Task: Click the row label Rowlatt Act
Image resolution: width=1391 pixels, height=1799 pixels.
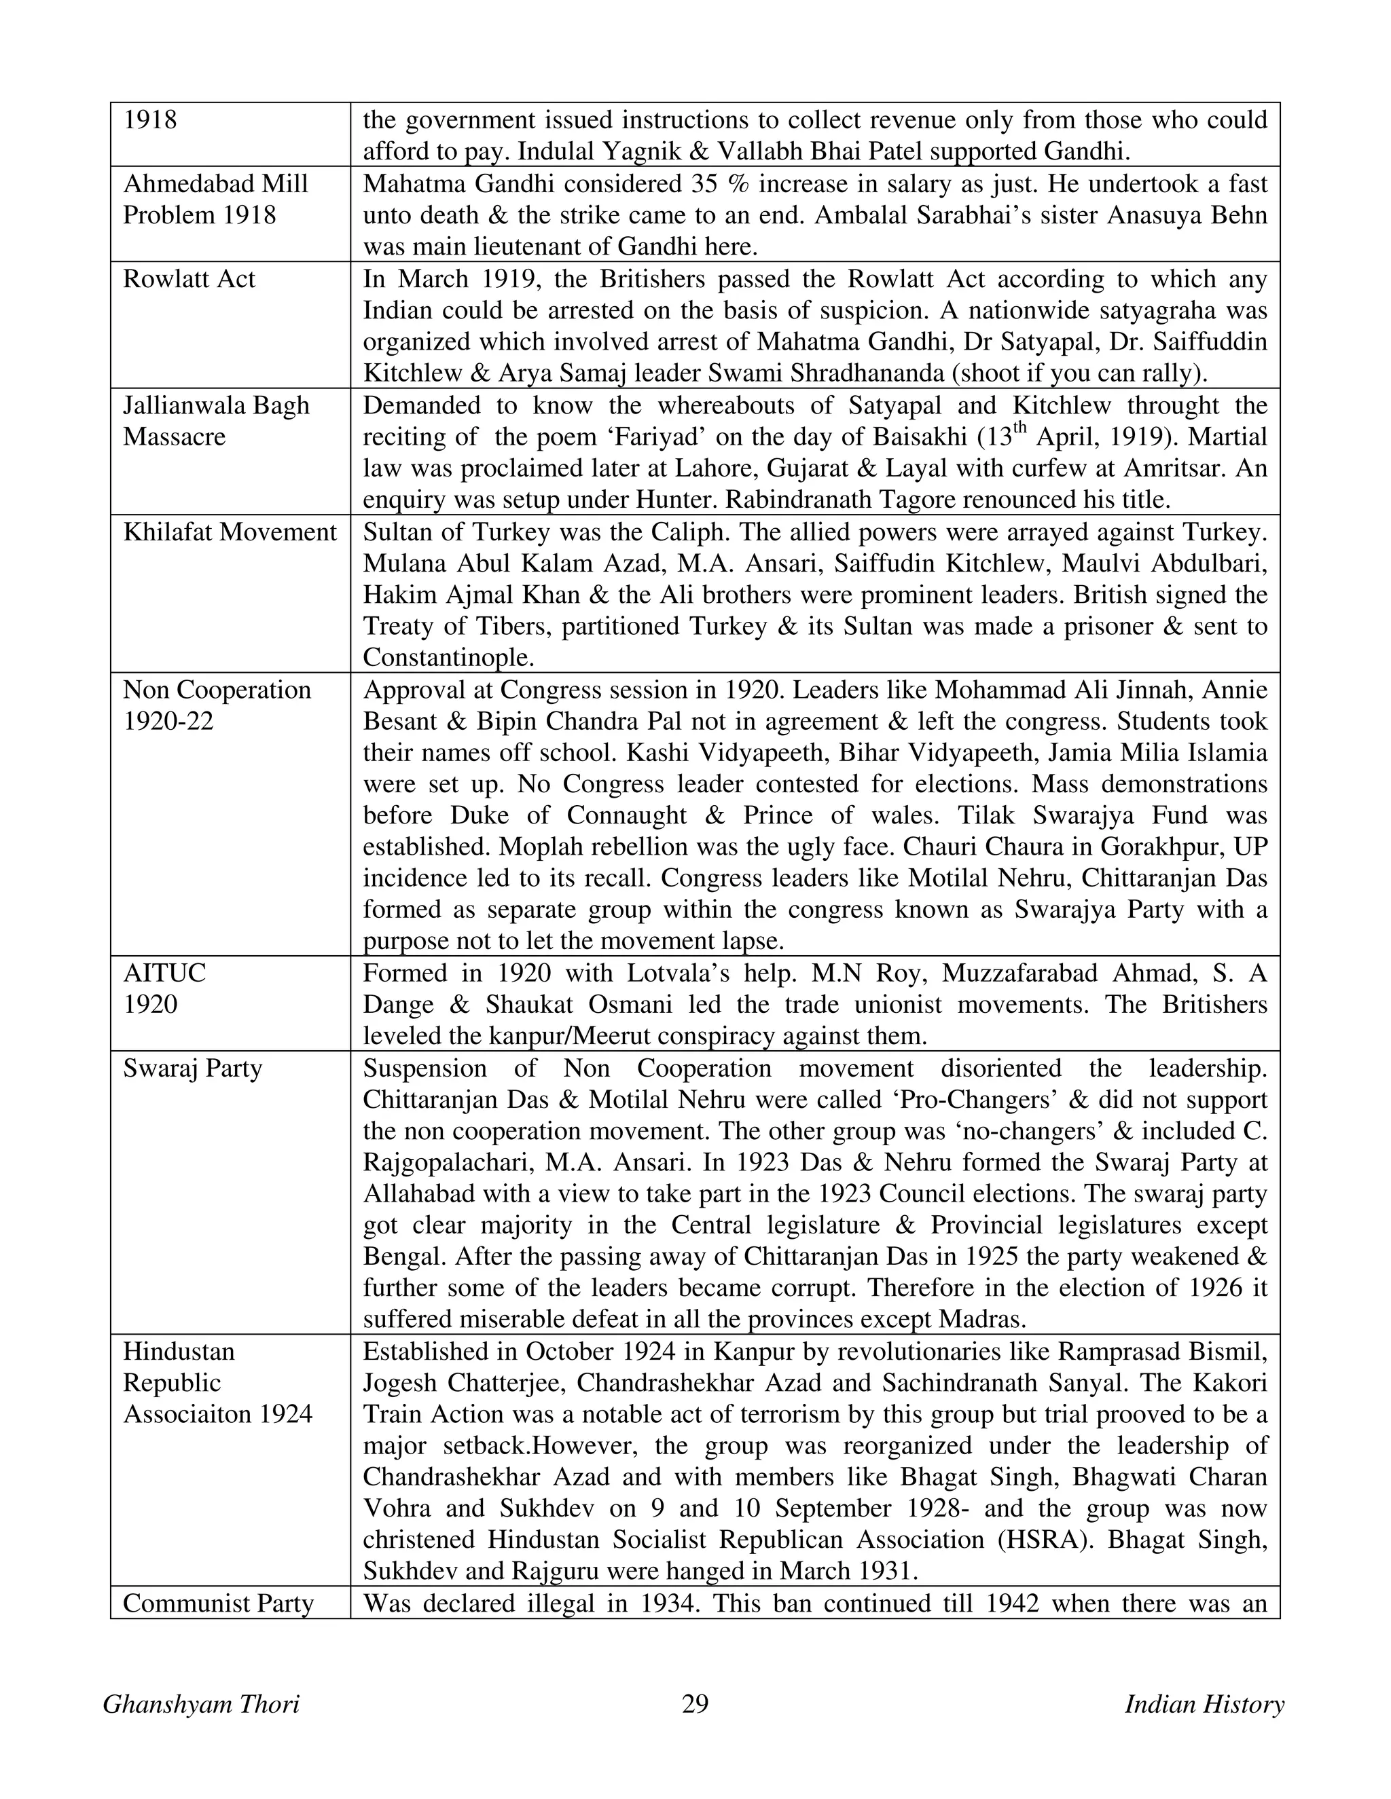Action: pyautogui.click(x=189, y=279)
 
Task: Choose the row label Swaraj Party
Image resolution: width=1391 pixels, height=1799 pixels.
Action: pyautogui.click(x=192, y=1069)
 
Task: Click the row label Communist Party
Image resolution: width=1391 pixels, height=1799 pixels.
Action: pyautogui.click(x=219, y=1603)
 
